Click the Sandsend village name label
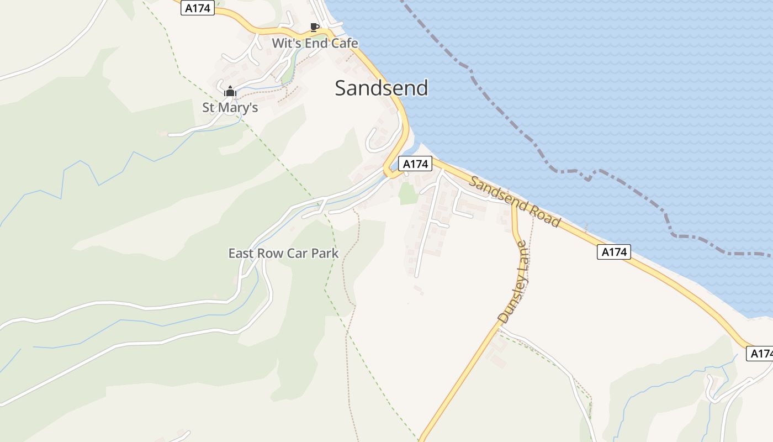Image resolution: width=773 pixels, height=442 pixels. (x=382, y=88)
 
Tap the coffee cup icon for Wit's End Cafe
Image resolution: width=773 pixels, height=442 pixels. (x=314, y=27)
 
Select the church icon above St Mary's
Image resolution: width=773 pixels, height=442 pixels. (x=230, y=91)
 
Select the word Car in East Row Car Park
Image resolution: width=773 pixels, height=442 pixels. (x=295, y=254)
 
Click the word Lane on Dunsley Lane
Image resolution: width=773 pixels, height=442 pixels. (x=523, y=259)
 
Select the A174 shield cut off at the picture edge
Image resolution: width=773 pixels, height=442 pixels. (x=760, y=354)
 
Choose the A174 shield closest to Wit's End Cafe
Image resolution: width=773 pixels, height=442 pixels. (x=197, y=8)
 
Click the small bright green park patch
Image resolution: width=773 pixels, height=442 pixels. (x=407, y=193)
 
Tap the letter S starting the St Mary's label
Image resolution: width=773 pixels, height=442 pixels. (x=206, y=107)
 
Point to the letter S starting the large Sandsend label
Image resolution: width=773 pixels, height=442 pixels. (x=341, y=88)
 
